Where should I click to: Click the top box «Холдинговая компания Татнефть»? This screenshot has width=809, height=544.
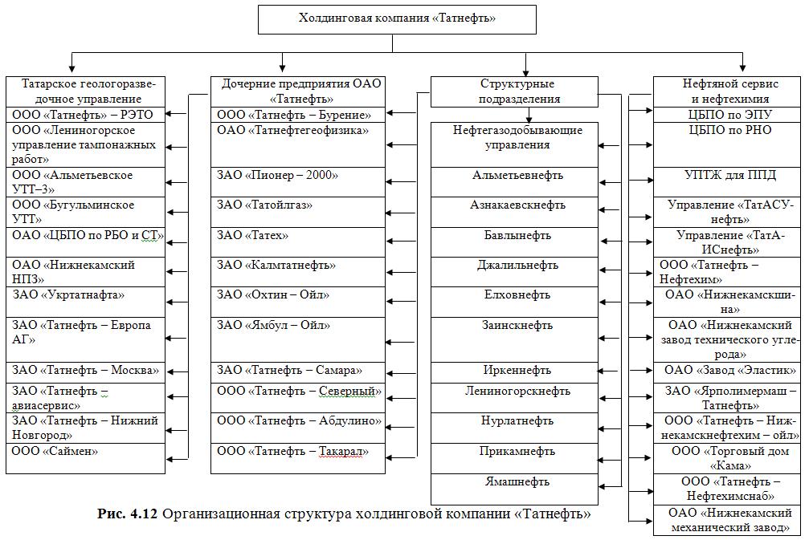click(x=397, y=18)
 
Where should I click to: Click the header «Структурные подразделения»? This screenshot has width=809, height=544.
click(x=515, y=91)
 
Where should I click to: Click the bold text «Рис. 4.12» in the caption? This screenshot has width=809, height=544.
click(x=127, y=513)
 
